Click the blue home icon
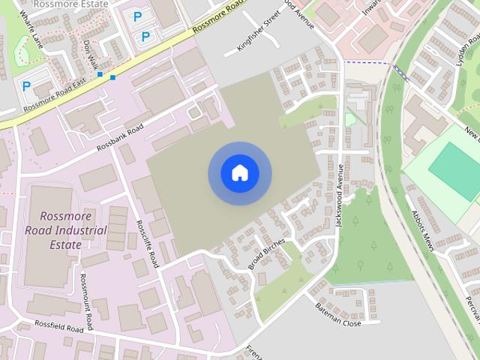point(239,173)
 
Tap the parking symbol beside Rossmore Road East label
point(27,86)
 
